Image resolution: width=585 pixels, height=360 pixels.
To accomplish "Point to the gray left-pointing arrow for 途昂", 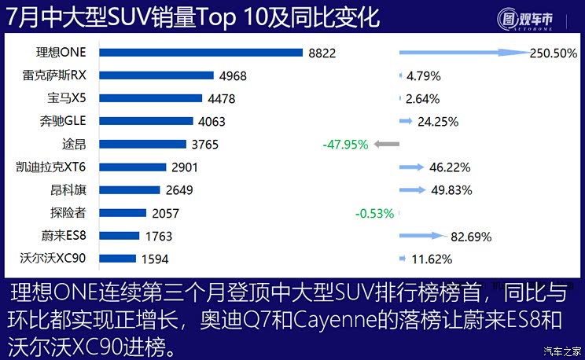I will [x=387, y=145].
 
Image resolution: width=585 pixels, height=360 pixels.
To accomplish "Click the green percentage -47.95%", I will [x=346, y=145].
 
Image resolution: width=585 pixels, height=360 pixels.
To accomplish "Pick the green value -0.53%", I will [x=376, y=213].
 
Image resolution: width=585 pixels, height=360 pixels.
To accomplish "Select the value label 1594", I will [x=155, y=259].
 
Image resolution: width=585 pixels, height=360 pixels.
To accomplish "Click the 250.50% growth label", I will [x=554, y=53].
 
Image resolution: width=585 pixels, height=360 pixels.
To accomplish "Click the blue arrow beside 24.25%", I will [x=407, y=121].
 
